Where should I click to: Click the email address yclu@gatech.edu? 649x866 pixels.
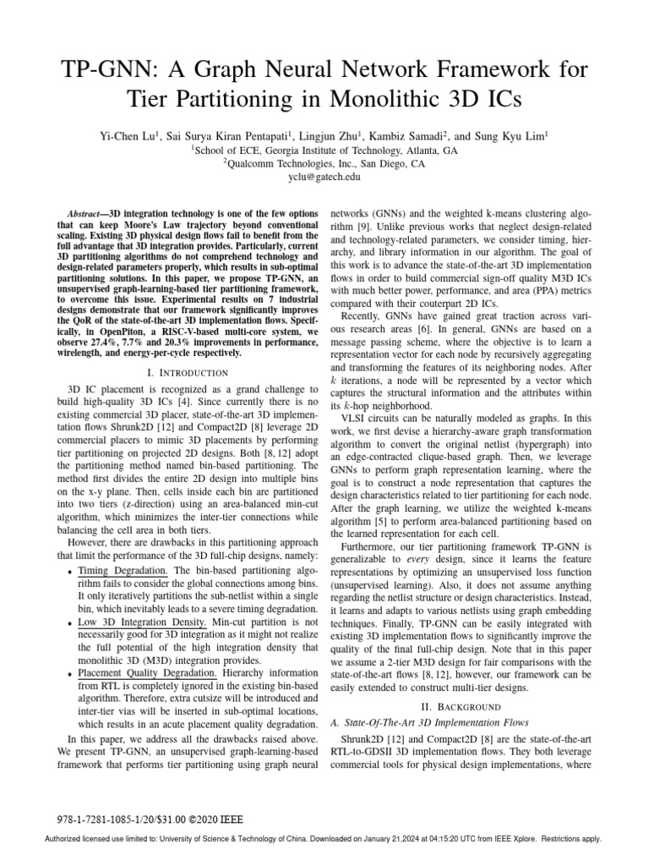324,178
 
